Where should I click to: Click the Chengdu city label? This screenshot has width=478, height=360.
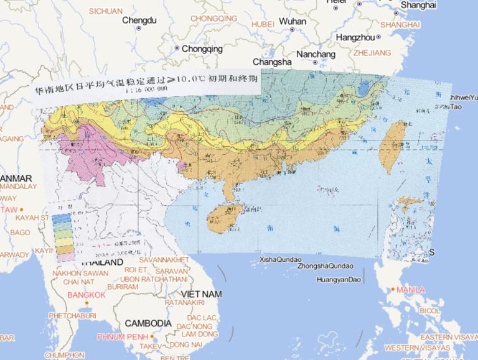[x=139, y=21]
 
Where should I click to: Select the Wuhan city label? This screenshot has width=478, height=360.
[x=293, y=21]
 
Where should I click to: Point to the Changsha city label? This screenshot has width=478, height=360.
[x=272, y=62]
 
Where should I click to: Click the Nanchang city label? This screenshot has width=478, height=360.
[x=316, y=54]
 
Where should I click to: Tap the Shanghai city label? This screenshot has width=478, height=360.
[x=418, y=5]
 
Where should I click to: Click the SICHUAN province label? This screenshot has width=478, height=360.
[x=106, y=11]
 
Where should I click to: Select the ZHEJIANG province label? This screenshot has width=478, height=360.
[x=372, y=53]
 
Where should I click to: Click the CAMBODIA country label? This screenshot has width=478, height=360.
[x=148, y=323]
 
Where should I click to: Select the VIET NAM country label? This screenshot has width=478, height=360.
[x=202, y=293]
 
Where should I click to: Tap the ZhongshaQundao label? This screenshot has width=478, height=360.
[x=326, y=265]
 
